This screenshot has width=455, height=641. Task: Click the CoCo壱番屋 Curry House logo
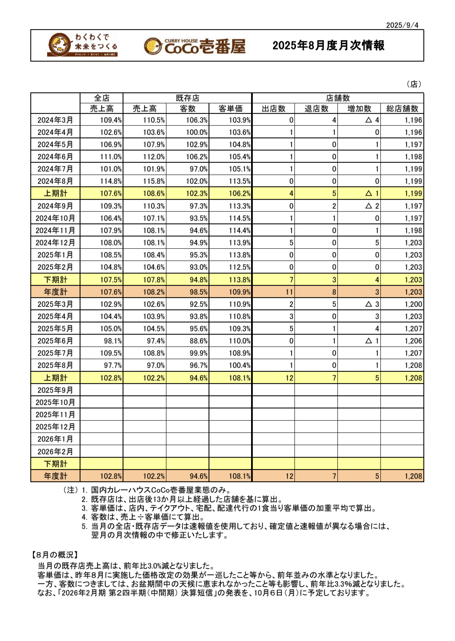[195, 46]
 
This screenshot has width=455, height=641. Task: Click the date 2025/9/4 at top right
[402, 25]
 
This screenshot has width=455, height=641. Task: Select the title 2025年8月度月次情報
[328, 46]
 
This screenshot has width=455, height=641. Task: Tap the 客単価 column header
[230, 109]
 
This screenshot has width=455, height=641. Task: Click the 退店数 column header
[316, 109]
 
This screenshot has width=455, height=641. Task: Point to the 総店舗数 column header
[402, 109]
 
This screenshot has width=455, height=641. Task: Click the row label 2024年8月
[55, 181]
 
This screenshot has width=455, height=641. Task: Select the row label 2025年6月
[55, 341]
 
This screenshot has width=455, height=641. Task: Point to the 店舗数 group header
[338, 98]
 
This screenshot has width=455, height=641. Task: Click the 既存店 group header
[187, 98]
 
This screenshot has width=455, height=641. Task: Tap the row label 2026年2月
[55, 452]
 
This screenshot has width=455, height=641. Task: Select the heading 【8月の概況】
[55, 555]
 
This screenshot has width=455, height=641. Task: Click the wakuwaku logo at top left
[83, 45]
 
